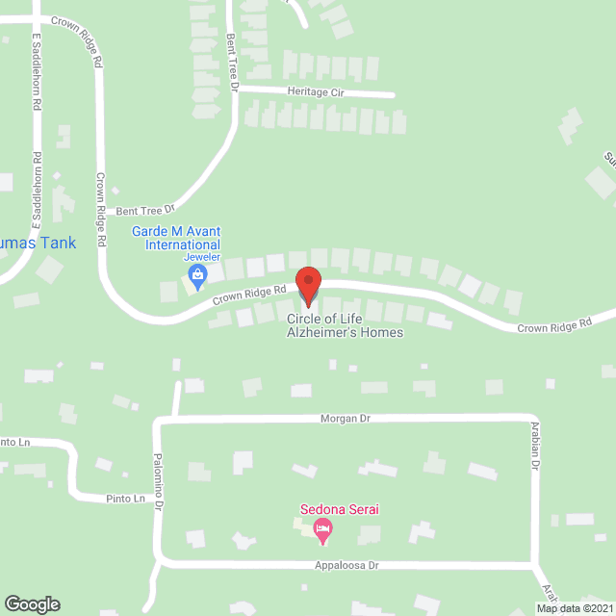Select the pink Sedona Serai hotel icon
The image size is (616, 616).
pyautogui.click(x=323, y=528)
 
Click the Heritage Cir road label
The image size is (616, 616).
pyautogui.click(x=315, y=92)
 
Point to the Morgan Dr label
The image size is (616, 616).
pyautogui.click(x=346, y=419)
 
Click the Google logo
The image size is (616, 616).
pyautogui.click(x=32, y=604)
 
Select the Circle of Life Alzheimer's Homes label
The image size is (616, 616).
pyautogui.click(x=345, y=325)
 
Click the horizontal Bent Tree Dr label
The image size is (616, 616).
pyautogui.click(x=144, y=209)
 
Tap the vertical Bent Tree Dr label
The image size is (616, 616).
pyautogui.click(x=232, y=62)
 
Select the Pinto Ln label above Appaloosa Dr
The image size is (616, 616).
pyautogui.click(x=126, y=499)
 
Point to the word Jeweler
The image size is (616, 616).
pyautogui.click(x=202, y=258)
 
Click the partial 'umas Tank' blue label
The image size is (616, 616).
pyautogui.click(x=38, y=244)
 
